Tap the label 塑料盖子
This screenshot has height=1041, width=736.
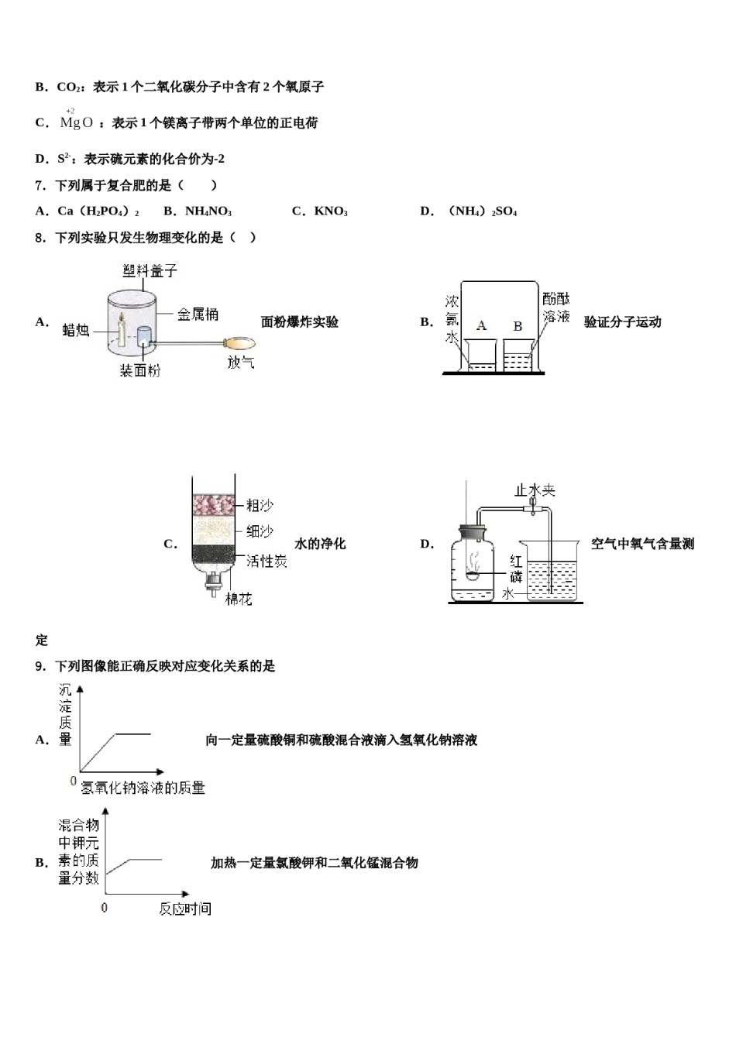click(150, 270)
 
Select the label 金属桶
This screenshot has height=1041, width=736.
click(198, 314)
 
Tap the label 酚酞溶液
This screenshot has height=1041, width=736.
click(556, 307)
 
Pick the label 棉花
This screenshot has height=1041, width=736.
click(239, 599)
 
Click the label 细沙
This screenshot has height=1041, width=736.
click(260, 531)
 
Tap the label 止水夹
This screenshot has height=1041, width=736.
click(535, 490)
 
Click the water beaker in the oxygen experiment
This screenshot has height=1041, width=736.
click(552, 573)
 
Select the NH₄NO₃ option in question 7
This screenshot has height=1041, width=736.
click(208, 211)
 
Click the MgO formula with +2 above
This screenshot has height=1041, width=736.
click(77, 122)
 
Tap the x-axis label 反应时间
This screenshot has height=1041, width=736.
click(185, 909)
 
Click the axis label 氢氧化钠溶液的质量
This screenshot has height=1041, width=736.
click(143, 788)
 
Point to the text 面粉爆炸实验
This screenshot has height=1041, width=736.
click(300, 322)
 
